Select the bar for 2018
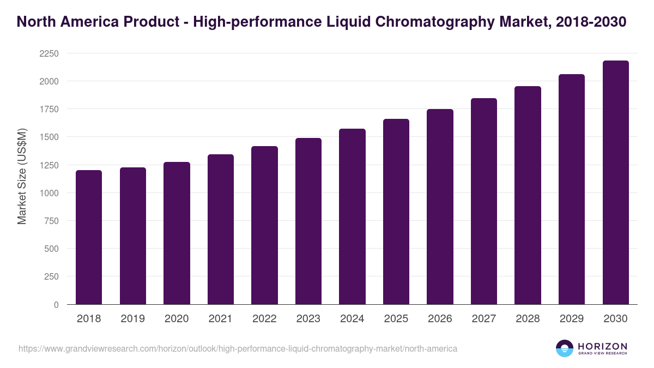pos(89,237)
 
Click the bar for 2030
pos(615,183)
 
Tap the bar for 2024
pos(352,216)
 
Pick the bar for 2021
pos(221,230)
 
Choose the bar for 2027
pos(484,201)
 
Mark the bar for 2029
pos(572,189)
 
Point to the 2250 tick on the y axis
pos(49,53)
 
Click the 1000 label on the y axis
pos(49,193)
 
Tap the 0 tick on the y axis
pos(56,305)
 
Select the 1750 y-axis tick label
pos(49,109)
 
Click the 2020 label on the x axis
pos(177,319)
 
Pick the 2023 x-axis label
pos(308,319)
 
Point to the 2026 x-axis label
pos(440,319)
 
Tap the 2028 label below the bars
pos(528,319)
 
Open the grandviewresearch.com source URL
pos(238,348)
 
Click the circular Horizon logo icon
pos(565,348)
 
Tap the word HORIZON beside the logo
pos(602,346)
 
